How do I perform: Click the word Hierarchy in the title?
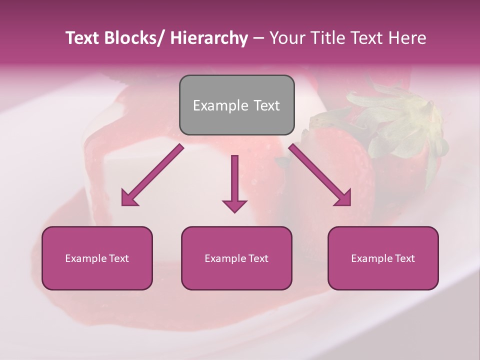[208, 38]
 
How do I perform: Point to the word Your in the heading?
[286, 38]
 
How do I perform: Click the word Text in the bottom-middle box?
[256, 258]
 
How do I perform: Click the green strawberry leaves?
[400, 115]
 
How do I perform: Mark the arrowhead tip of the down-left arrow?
[122, 205]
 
